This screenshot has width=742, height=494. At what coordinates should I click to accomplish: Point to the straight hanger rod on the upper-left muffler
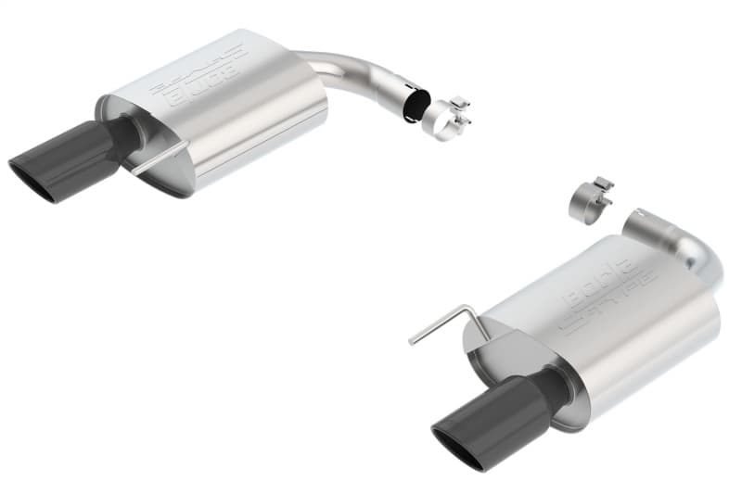[x=159, y=158]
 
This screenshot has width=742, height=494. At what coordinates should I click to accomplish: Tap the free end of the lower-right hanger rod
[x=411, y=342]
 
